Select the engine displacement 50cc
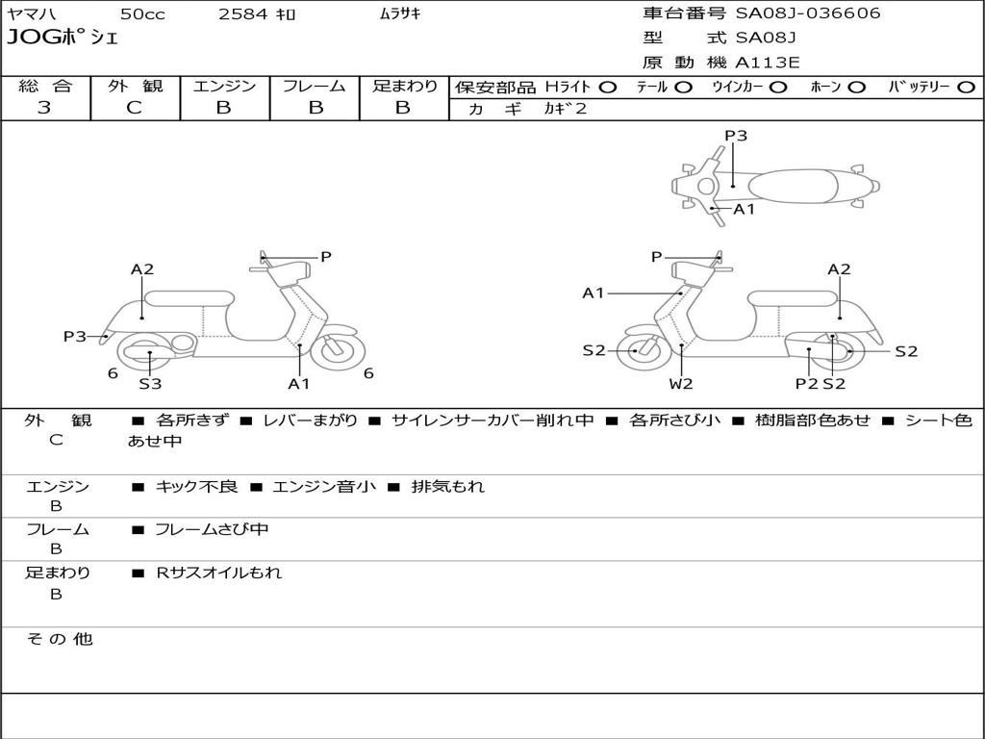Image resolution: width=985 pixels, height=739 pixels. click(x=141, y=14)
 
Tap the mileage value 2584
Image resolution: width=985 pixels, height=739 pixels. click(x=243, y=14)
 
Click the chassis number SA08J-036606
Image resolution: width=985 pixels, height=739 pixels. click(x=808, y=13)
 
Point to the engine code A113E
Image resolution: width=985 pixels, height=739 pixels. click(x=768, y=64)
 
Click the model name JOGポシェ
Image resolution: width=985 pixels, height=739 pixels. click(x=62, y=38)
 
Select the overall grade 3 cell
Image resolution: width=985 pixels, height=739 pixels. click(x=45, y=108)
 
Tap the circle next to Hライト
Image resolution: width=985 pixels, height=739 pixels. click(x=607, y=88)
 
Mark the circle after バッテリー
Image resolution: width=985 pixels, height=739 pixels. click(x=967, y=88)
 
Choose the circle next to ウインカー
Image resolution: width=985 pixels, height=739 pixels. click(x=778, y=88)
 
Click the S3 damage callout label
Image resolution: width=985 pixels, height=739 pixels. click(x=150, y=384)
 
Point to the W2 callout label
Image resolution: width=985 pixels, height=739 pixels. click(x=681, y=384)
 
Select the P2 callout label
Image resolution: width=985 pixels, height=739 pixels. click(x=806, y=384)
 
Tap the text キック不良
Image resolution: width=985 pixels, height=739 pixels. click(x=196, y=487)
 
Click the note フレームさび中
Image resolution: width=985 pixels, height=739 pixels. click(x=212, y=529)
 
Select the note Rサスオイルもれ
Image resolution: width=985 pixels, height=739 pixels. click(x=219, y=573)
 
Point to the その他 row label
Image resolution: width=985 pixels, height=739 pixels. click(x=60, y=639)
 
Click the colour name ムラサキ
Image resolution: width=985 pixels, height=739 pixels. click(x=400, y=14)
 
